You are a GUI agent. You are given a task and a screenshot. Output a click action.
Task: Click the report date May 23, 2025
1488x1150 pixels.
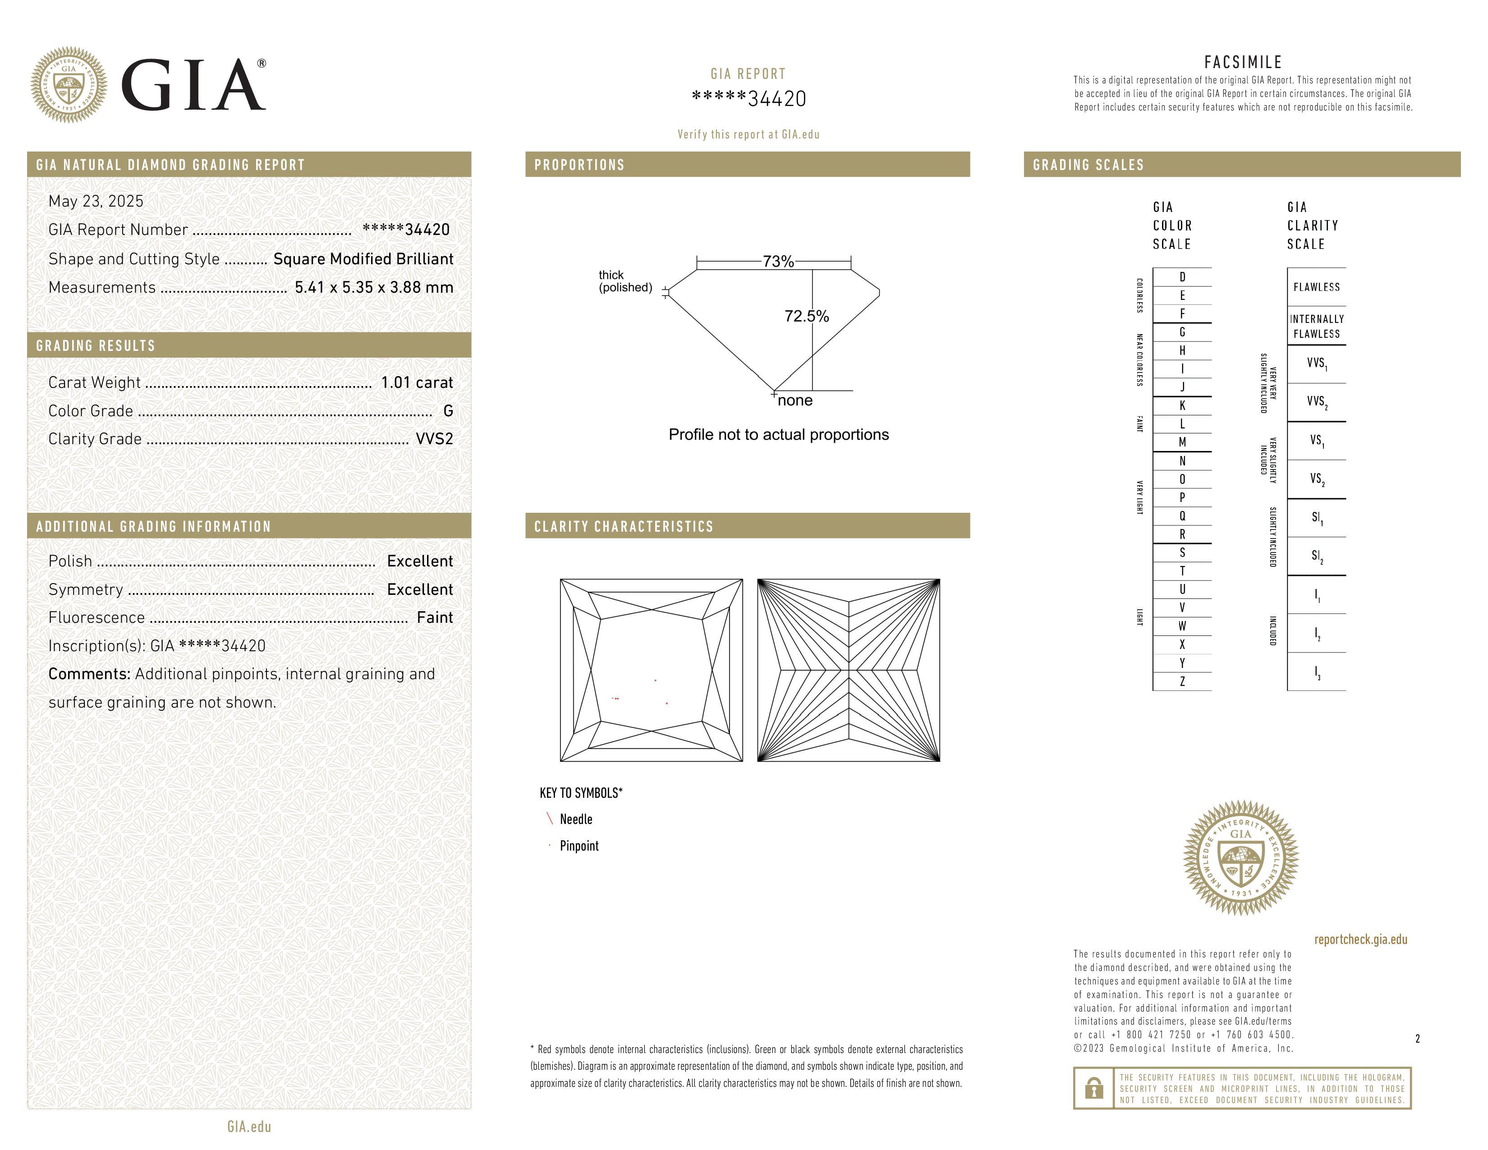(96, 201)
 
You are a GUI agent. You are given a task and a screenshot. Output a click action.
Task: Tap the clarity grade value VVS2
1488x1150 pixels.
(434, 439)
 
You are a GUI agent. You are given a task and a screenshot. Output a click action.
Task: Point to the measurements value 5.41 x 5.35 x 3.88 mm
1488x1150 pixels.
(374, 288)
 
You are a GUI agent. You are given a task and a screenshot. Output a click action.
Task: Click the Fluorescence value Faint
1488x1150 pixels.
(435, 617)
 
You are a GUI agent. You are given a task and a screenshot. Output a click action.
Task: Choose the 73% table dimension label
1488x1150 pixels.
(778, 262)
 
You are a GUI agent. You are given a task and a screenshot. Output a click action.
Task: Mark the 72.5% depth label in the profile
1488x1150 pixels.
(807, 316)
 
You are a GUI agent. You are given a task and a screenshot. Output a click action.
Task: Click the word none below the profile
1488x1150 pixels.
(795, 400)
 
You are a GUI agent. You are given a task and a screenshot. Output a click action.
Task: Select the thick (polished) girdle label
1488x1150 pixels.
(625, 281)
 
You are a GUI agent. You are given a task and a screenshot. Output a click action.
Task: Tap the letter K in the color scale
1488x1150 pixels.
(1182, 405)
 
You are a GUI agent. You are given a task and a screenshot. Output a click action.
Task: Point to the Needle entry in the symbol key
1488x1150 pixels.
(576, 819)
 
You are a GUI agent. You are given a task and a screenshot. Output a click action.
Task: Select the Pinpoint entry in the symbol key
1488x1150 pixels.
(579, 846)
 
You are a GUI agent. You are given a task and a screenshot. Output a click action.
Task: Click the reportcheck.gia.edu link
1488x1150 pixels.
(1360, 939)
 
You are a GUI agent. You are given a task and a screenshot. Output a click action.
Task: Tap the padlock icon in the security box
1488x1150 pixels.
(1093, 1088)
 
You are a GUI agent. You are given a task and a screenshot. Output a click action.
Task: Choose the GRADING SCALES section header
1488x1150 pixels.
(1088, 165)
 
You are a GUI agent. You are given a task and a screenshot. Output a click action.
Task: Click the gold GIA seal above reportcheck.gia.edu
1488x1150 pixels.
(1241, 858)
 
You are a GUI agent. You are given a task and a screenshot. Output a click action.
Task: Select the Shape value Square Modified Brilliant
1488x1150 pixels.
(363, 259)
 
